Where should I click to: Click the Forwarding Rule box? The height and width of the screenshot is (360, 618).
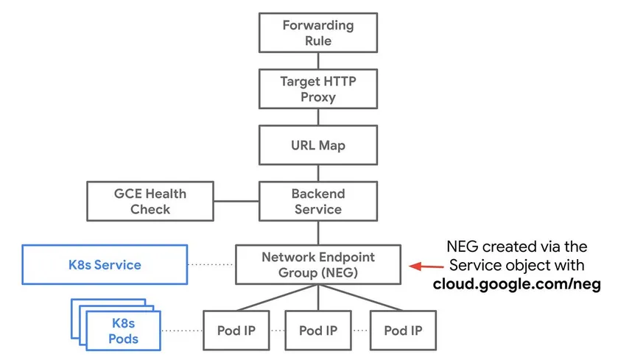[x=318, y=33]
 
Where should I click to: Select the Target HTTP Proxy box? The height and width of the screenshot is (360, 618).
[x=318, y=89]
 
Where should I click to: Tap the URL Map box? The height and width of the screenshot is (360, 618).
[x=318, y=145]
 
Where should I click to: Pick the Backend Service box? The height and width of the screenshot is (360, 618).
[x=318, y=201]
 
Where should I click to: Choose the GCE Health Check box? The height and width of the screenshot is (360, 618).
[x=150, y=201]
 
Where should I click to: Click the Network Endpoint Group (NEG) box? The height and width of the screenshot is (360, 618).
[x=318, y=264]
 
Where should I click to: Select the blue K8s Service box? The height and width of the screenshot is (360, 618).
[x=105, y=264]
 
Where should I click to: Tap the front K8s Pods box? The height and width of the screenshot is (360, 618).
[x=124, y=330]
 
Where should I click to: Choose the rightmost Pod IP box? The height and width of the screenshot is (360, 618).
[x=403, y=330]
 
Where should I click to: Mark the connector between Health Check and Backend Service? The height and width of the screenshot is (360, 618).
[x=236, y=200]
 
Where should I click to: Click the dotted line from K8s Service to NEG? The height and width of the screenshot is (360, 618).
[x=211, y=264]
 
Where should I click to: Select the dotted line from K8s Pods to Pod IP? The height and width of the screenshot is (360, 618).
[x=182, y=330]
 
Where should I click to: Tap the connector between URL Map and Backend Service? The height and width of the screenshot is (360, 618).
[x=318, y=173]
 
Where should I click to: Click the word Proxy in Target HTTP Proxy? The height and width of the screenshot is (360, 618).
[x=318, y=97]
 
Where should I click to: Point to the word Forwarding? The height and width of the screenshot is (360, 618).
[x=318, y=25]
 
